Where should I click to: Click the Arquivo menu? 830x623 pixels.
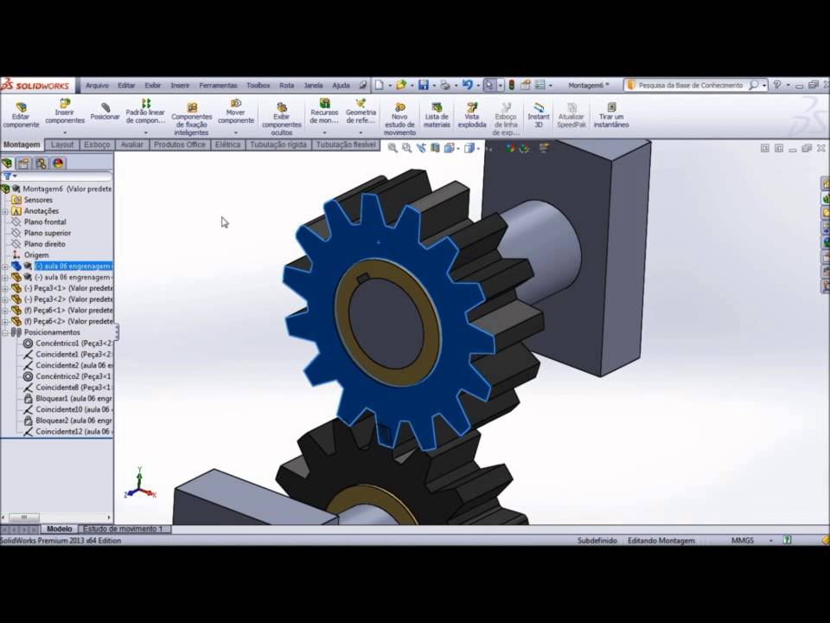point(97,86)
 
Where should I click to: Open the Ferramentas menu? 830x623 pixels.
point(218,86)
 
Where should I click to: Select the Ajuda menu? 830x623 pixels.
point(342,86)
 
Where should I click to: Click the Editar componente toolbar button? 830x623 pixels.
point(21,114)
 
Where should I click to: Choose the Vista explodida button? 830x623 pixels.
point(472,114)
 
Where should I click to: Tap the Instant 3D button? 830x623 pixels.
point(539,114)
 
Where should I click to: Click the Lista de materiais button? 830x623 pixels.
point(437,114)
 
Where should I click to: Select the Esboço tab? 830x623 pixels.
point(97,145)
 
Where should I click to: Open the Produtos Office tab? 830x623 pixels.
point(180,145)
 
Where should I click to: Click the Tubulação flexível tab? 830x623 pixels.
point(346,145)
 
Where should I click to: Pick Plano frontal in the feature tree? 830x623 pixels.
point(45,222)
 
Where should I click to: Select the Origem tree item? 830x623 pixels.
point(36,255)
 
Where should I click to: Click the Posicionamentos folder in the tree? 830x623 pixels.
point(52,332)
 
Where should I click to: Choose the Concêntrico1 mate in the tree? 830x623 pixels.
point(69,344)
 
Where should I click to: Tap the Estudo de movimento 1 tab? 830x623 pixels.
point(122,529)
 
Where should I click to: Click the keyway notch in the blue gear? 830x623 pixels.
point(364,279)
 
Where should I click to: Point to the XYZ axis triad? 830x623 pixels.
point(139,486)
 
